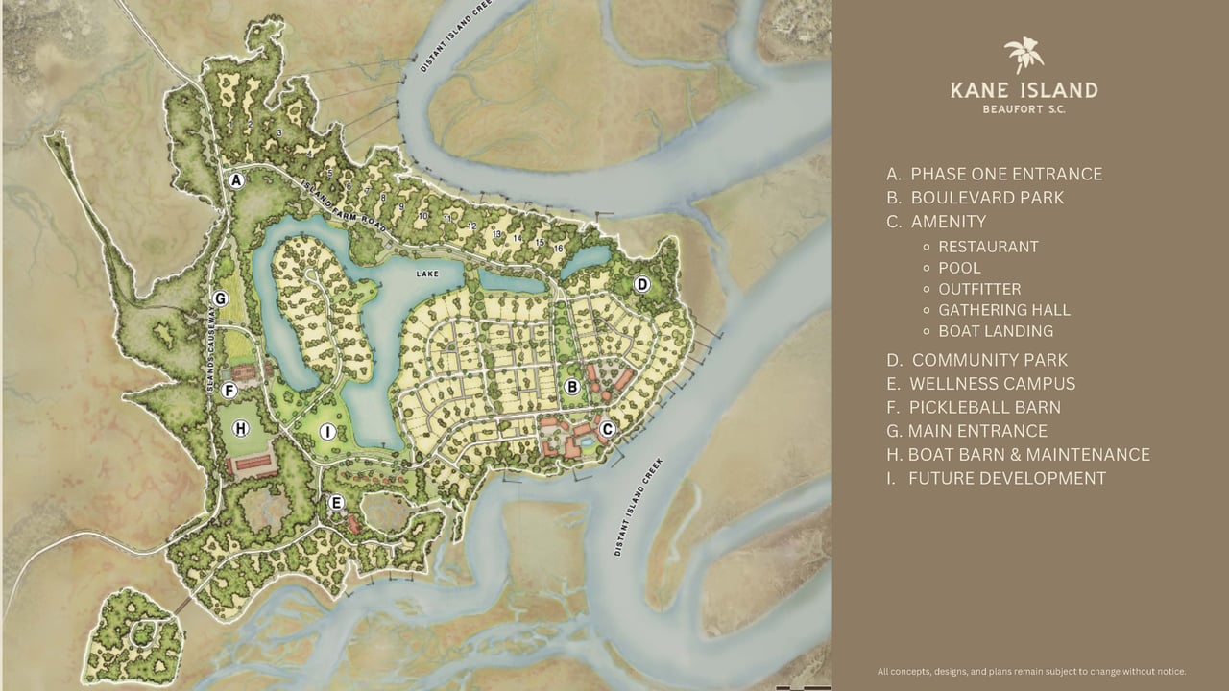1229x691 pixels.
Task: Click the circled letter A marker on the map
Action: tap(235, 179)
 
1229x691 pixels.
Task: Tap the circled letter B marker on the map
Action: tap(571, 387)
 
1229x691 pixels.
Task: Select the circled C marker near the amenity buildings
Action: tap(607, 429)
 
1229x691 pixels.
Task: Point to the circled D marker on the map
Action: tap(642, 284)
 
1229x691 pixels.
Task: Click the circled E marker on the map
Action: tap(336, 502)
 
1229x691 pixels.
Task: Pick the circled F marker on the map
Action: tap(229, 391)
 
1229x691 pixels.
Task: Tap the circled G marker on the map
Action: tap(221, 298)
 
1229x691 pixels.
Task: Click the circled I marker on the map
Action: tap(327, 432)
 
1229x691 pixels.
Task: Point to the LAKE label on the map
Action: tap(426, 274)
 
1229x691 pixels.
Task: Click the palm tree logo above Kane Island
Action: tap(1024, 56)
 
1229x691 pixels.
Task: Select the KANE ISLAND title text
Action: tap(1024, 91)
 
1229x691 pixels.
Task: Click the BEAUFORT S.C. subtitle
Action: tap(1024, 109)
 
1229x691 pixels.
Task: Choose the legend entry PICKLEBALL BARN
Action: tap(974, 407)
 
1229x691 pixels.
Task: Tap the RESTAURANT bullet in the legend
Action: tap(988, 247)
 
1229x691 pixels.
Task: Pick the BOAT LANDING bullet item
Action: tap(996, 331)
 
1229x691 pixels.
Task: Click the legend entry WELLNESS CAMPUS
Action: tap(980, 383)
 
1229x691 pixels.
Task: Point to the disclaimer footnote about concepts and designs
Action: tap(1031, 671)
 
